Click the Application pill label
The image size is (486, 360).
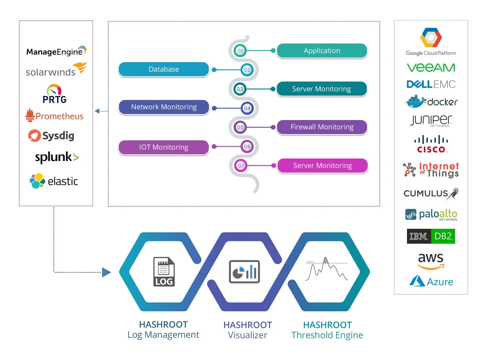pyautogui.click(x=322, y=51)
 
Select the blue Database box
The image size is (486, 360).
pyautogui.click(x=164, y=69)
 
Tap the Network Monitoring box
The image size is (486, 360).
pyautogui.click(x=164, y=107)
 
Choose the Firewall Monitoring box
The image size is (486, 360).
pyautogui.click(x=322, y=127)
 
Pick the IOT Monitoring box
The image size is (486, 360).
pyautogui.click(x=164, y=147)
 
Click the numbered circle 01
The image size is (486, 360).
pyautogui.click(x=240, y=51)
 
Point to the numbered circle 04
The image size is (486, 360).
pyautogui.click(x=247, y=108)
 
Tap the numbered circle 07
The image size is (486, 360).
pyautogui.click(x=241, y=166)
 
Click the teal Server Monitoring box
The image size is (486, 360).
pyautogui.click(x=321, y=89)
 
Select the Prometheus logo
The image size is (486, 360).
pyautogui.click(x=54, y=116)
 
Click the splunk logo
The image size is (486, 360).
pyautogui.click(x=57, y=157)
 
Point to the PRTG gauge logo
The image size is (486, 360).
pyautogui.click(x=54, y=94)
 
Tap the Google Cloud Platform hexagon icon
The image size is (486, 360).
pyautogui.click(x=431, y=38)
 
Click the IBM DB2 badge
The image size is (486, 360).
pyautogui.click(x=431, y=236)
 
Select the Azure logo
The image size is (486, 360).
pyautogui.click(x=431, y=281)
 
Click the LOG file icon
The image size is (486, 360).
pyautogui.click(x=164, y=272)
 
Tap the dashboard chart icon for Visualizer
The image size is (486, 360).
pyautogui.click(x=244, y=272)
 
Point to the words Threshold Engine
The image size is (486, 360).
pyautogui.click(x=327, y=335)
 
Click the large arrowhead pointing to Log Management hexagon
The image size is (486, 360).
pyautogui.click(x=106, y=272)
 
